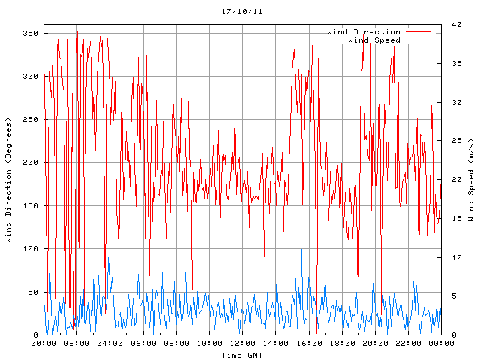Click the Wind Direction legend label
(x=364, y=31)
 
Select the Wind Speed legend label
(x=374, y=40)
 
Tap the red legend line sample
(x=418, y=31)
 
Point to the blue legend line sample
(x=418, y=40)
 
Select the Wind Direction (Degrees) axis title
(x=8, y=180)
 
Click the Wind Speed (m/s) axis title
(x=471, y=180)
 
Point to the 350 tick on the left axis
(x=30, y=33)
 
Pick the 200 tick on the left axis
(x=30, y=162)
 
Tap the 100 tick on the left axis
(x=30, y=248)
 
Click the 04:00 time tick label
(x=110, y=343)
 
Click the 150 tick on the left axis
(x=30, y=205)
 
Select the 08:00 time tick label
(x=176, y=343)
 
